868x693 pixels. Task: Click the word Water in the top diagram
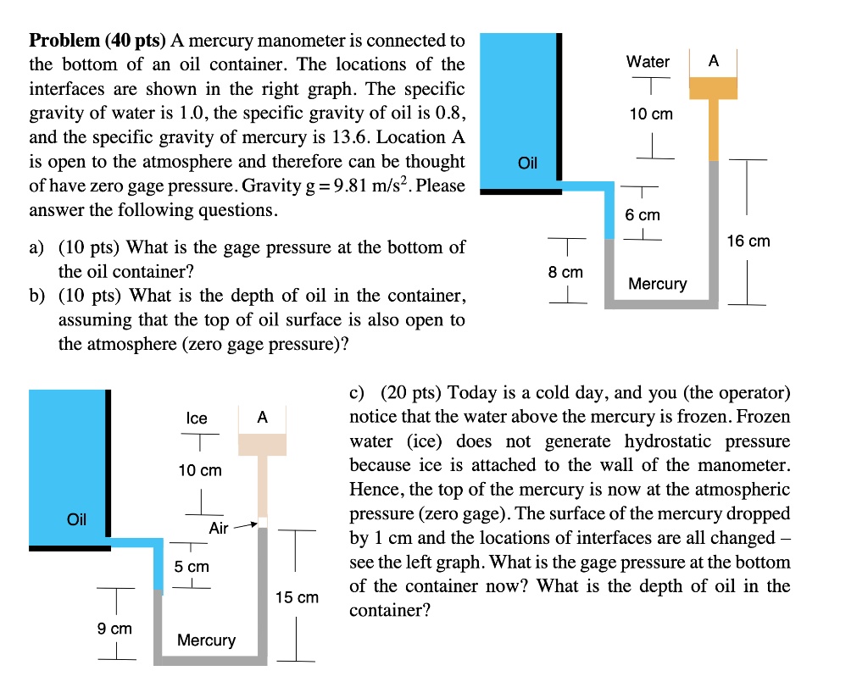648,62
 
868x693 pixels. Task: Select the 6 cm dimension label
642,215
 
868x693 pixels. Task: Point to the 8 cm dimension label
565,273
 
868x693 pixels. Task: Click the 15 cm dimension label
298,597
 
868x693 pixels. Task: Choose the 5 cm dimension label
192,566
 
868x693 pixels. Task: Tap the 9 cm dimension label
114,629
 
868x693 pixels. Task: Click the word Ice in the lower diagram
197,419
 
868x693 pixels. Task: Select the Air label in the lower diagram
219,528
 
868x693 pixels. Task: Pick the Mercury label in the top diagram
658,284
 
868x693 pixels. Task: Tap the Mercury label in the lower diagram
206,640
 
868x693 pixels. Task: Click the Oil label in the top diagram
527,163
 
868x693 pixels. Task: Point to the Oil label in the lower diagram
76,519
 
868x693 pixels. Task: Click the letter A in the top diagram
713,61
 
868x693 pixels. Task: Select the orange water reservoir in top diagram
713,88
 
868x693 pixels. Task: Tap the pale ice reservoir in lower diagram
262,444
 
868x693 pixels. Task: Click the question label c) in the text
358,393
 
